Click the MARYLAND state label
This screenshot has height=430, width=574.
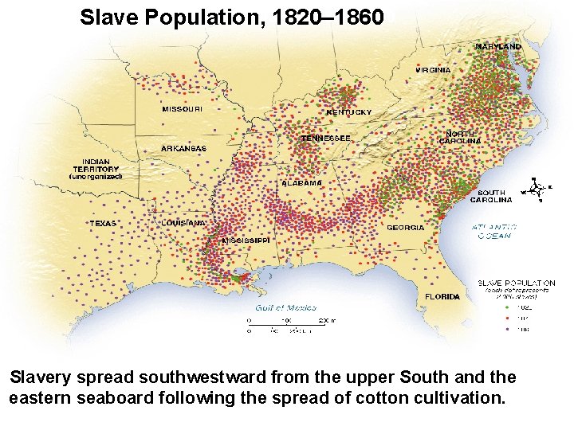tap(498, 47)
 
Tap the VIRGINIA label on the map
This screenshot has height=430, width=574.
tap(433, 70)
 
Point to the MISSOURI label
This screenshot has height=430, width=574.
tap(182, 109)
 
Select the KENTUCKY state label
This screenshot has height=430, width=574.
tap(348, 112)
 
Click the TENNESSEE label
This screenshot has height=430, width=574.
tap(325, 138)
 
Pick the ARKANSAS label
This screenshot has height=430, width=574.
tap(183, 148)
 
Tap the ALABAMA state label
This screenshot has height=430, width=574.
tap(301, 183)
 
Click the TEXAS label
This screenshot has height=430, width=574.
tap(102, 224)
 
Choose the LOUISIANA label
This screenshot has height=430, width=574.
tap(185, 223)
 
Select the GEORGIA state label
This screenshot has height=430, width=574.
tap(405, 228)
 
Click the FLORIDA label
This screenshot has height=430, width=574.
tap(442, 297)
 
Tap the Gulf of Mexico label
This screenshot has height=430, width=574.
tap(285, 307)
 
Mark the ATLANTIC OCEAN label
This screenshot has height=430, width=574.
tap(494, 231)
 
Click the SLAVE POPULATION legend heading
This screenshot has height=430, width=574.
tap(516, 283)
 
